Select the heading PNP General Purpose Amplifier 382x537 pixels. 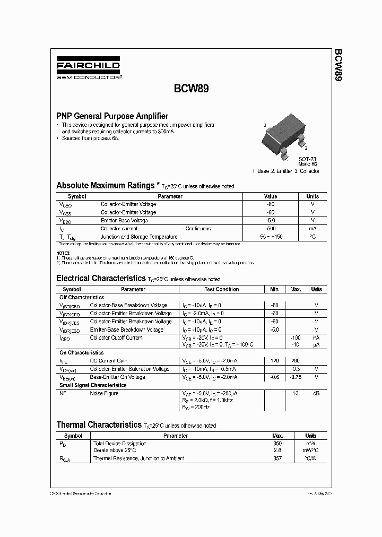tap(112, 116)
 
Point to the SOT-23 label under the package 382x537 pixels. tap(307, 159)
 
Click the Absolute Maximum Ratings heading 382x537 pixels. tap(105, 186)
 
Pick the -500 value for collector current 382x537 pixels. tap(271, 229)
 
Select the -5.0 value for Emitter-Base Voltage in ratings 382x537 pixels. tap(271, 220)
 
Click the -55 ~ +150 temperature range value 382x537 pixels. tap(271, 237)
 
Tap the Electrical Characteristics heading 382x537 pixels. tap(100, 279)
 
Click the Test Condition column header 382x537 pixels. tap(222, 289)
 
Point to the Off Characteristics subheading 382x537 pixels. tap(82, 297)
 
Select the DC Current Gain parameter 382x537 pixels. tap(108, 361)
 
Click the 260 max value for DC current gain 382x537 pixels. tap(296, 361)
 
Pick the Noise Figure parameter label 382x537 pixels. tap(105, 393)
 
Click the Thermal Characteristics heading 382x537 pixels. tap(99, 425)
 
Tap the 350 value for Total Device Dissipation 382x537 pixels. tap(277, 443)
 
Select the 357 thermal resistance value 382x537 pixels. tap(277, 458)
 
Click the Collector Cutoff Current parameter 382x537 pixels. tap(116, 337)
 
